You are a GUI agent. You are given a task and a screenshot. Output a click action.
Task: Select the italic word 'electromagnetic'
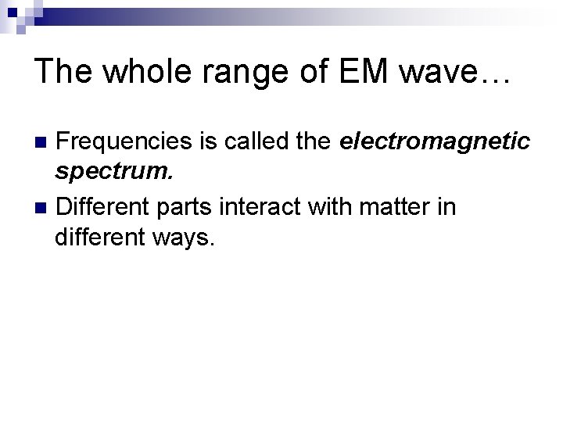click(436, 143)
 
